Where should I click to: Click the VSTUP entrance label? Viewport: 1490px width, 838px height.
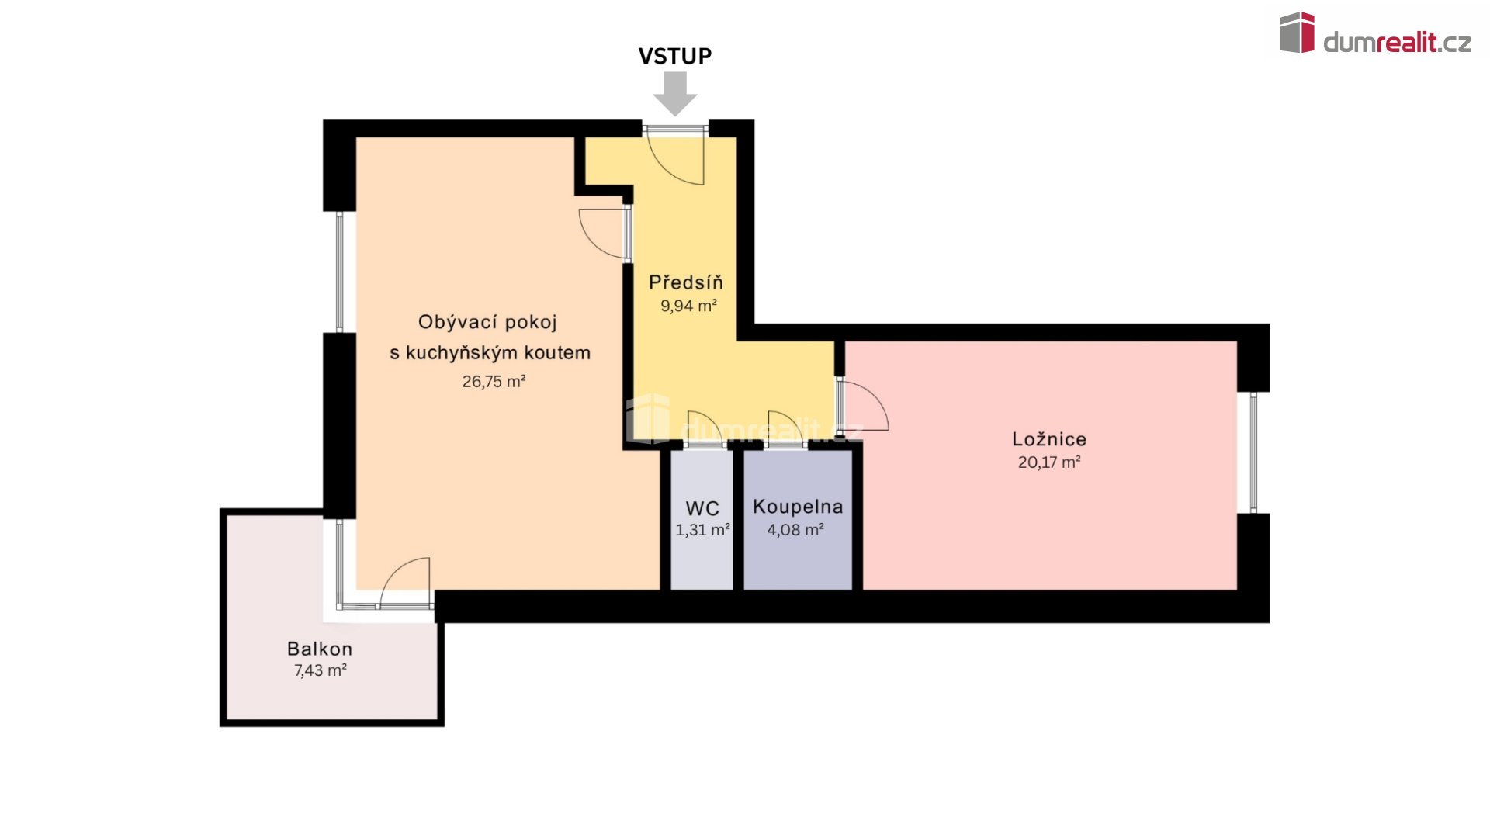(674, 56)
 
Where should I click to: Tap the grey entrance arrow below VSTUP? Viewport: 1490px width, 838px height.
(675, 93)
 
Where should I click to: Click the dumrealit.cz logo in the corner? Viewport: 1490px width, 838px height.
(1375, 34)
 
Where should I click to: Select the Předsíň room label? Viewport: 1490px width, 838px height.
(686, 282)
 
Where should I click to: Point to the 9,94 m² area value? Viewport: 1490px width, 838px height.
(688, 306)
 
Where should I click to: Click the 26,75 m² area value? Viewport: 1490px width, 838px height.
(494, 381)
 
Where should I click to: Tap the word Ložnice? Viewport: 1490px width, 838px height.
(1049, 438)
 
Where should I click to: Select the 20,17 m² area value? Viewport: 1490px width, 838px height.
(1049, 462)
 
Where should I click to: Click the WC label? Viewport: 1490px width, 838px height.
(702, 508)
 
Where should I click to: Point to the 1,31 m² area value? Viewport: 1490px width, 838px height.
(702, 530)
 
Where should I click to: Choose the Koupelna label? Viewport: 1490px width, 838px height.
(798, 507)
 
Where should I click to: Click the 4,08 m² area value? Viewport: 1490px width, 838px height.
(795, 530)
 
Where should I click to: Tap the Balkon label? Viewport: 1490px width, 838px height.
(320, 649)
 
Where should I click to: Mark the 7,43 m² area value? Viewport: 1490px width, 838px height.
(321, 670)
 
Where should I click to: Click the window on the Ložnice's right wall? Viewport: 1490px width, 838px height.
(1253, 452)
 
